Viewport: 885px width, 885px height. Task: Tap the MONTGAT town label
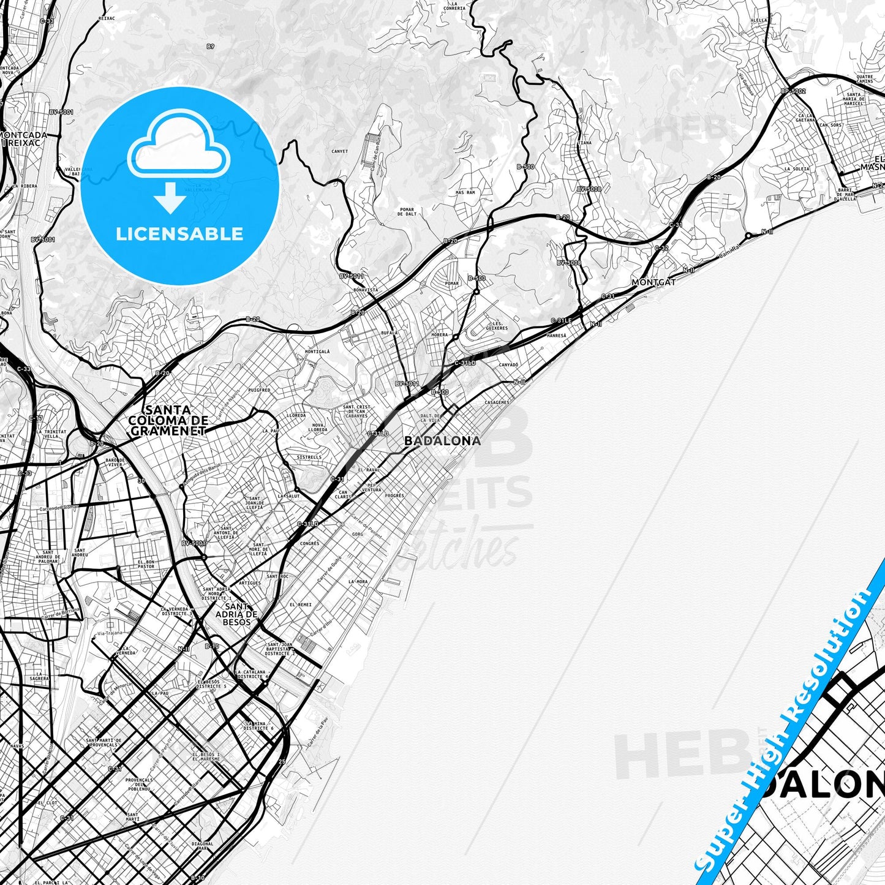pos(653,282)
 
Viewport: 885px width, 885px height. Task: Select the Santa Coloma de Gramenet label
pos(168,420)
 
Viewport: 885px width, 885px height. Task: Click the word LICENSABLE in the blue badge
pos(179,233)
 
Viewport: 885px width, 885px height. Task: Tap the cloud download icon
pos(178,160)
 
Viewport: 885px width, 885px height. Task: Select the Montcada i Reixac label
pos(22,138)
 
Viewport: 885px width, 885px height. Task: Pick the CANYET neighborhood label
pos(339,151)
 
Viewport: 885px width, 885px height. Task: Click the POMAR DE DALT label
pos(406,212)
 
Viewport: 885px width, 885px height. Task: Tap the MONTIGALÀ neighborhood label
pos(317,352)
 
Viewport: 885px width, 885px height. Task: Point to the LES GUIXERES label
pos(496,325)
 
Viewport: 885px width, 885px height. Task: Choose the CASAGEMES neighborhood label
pos(497,402)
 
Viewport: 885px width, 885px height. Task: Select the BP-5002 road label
pos(793,92)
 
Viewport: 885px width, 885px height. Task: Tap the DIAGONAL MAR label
pos(202,846)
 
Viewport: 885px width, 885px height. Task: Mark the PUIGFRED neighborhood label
pos(260,390)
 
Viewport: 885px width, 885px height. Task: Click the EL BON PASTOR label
pos(146,564)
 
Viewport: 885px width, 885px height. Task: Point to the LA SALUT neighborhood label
pos(289,496)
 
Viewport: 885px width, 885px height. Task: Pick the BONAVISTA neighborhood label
pos(366,290)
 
